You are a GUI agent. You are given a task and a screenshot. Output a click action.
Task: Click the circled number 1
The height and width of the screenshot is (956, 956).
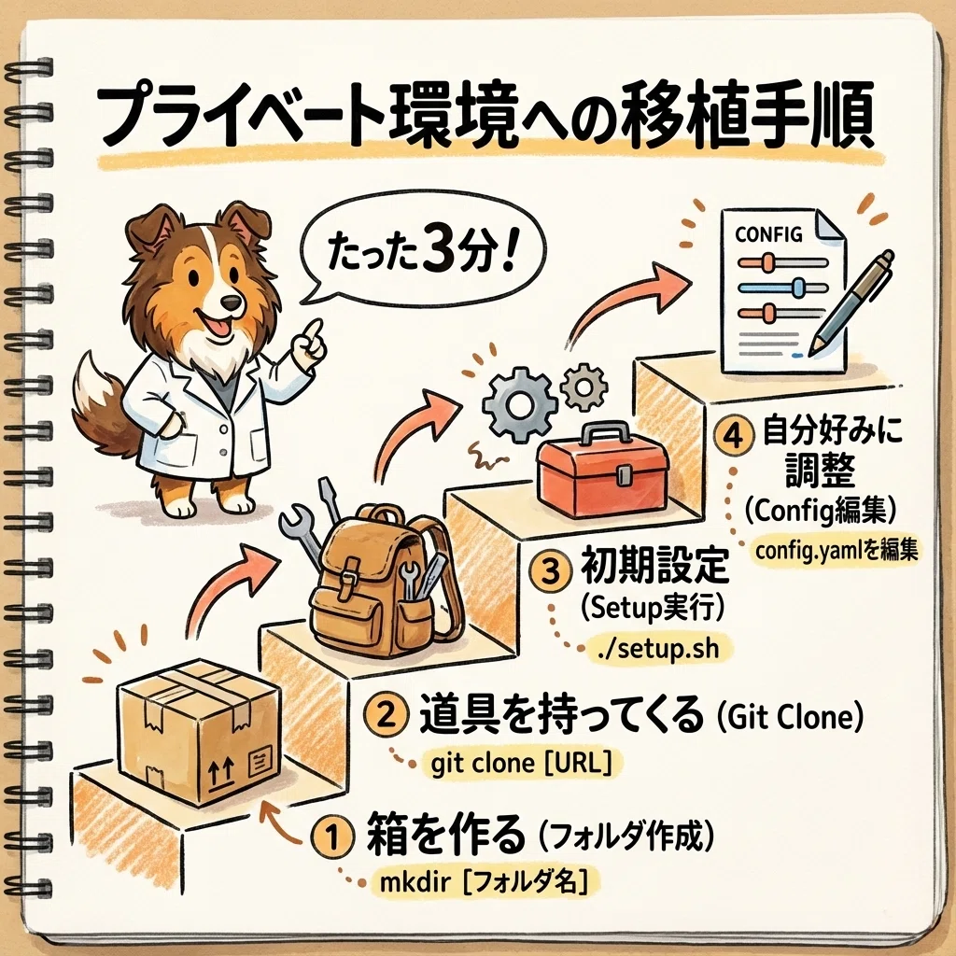click(331, 837)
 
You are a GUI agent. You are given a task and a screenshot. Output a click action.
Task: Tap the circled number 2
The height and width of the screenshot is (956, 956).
click(386, 715)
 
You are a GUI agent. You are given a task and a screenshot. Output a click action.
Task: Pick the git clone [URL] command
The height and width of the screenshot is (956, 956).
click(520, 763)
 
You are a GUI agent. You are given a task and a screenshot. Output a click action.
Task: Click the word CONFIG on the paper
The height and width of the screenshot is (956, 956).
click(768, 234)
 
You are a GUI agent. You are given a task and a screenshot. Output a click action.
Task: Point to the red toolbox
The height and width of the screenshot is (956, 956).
click(601, 468)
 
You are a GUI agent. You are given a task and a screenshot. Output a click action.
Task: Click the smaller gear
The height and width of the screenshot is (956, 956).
click(583, 387)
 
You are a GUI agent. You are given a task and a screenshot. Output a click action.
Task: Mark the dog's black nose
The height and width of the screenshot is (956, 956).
click(231, 302)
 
